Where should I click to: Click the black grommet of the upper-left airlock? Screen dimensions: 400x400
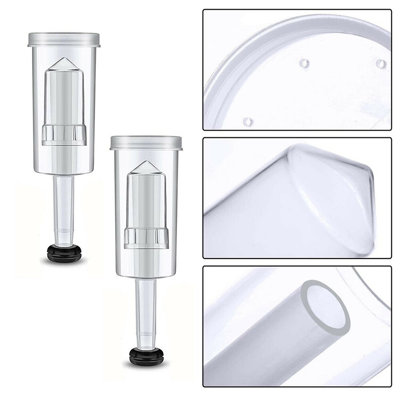[x=64, y=252]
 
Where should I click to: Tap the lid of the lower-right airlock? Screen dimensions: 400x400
[x=146, y=143]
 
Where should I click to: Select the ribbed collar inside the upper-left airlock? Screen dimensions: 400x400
[x=64, y=135]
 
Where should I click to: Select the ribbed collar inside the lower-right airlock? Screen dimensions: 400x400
[x=146, y=238]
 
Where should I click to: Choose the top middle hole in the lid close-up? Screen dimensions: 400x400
[x=304, y=63]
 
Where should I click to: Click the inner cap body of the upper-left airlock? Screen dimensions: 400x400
[x=64, y=96]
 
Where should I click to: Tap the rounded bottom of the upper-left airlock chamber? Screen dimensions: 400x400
[x=64, y=170]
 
